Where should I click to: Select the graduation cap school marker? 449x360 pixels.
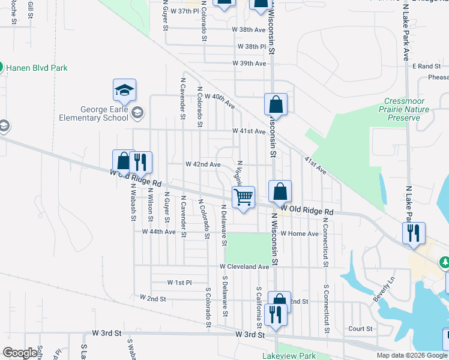tap(125, 91)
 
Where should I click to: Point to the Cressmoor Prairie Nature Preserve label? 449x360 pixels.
tap(408, 110)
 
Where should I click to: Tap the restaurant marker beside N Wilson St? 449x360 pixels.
tap(140, 162)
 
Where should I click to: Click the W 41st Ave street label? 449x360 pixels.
tap(249, 131)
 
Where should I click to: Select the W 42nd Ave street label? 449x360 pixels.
tap(203, 164)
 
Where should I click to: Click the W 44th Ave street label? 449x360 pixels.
tap(158, 232)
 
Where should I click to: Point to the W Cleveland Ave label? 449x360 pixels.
tap(244, 266)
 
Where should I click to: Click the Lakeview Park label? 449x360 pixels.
tap(289, 356)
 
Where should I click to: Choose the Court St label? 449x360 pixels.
tap(361, 329)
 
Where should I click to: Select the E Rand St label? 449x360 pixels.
tap(427, 66)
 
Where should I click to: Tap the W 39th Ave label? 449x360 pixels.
tap(253, 63)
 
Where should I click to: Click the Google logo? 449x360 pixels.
tap(20, 353)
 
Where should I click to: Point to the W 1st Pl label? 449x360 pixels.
tap(179, 282)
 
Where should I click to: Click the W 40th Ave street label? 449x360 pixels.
tap(220, 100)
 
